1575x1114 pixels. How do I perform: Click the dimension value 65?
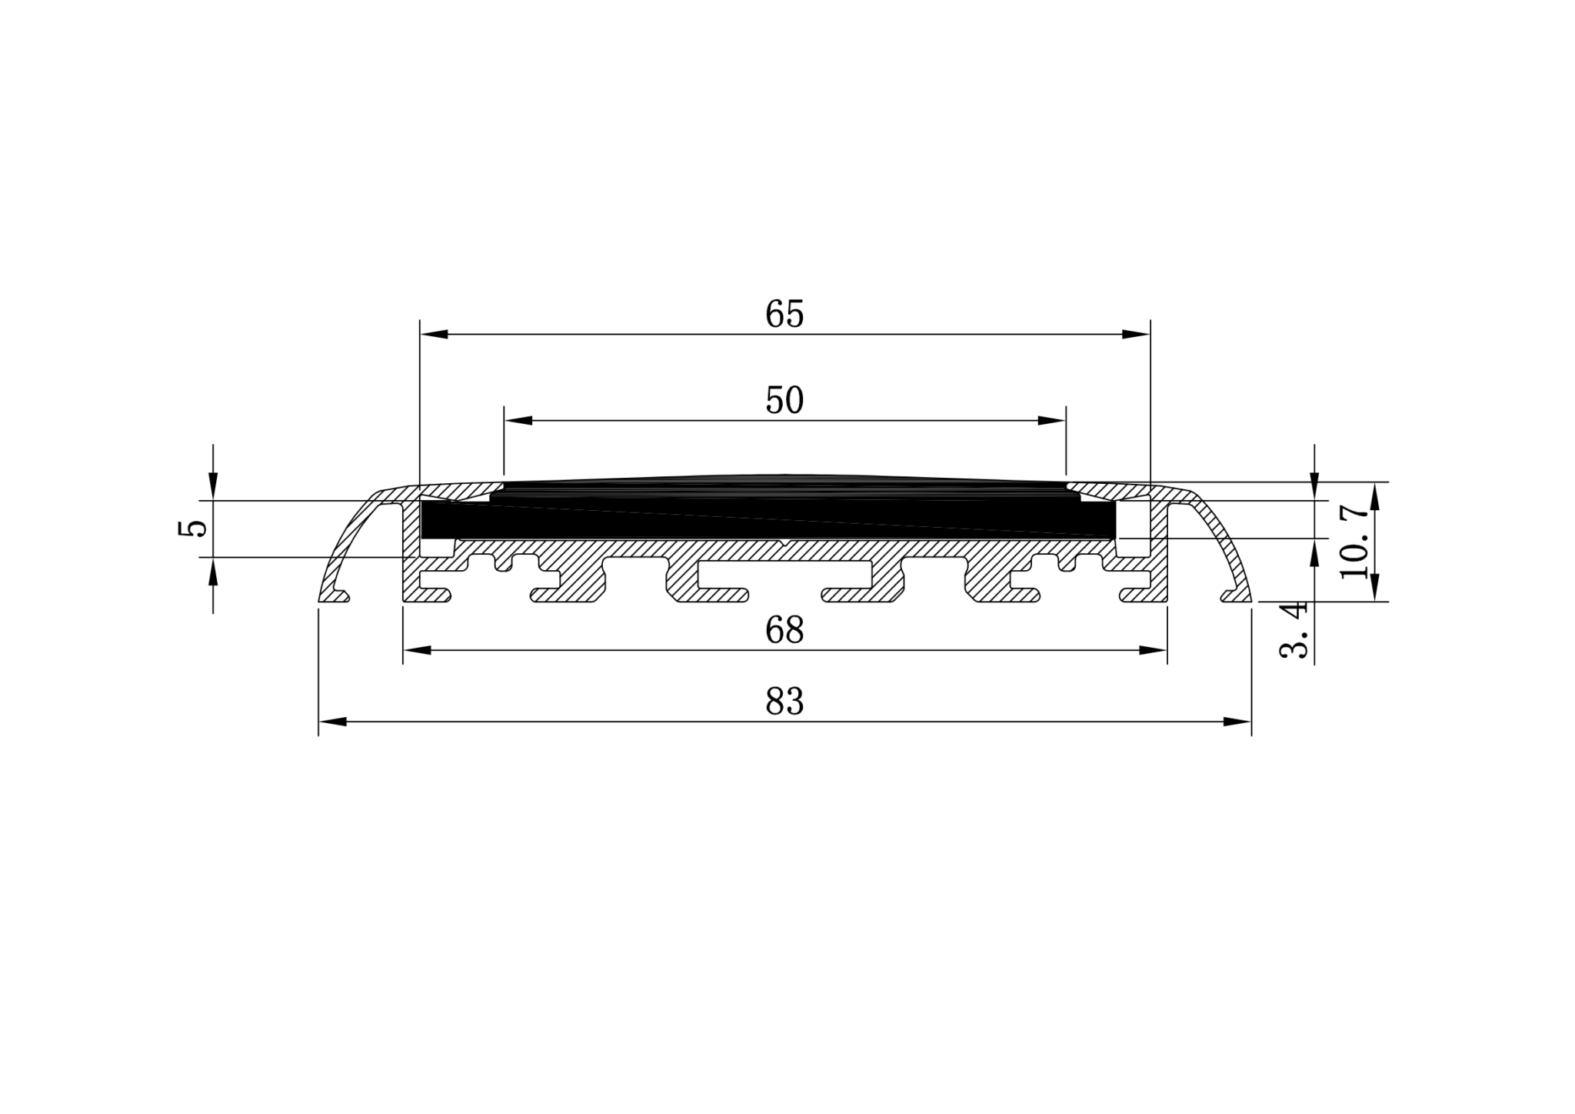point(784,315)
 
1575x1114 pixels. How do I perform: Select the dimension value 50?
point(784,401)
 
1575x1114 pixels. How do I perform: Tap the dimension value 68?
point(784,631)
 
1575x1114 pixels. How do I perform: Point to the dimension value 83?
point(784,702)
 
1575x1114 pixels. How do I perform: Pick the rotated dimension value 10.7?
point(1354,542)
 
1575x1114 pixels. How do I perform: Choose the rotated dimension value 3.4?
point(1294,630)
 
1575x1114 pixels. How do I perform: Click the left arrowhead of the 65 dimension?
point(435,335)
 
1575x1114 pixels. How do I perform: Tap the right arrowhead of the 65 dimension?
point(1136,335)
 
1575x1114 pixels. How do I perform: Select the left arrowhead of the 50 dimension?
point(518,421)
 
